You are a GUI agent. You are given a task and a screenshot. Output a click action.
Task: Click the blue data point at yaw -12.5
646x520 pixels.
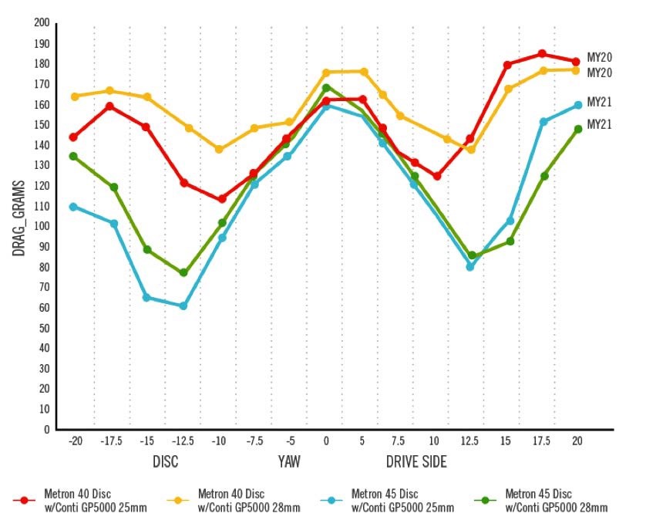[x=183, y=306]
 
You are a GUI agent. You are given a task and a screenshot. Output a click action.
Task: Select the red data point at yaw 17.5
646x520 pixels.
[x=542, y=54]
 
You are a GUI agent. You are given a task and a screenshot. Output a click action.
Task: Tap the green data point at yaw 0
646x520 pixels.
[x=326, y=88]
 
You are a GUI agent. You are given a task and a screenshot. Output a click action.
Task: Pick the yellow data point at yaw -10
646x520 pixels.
[x=219, y=150]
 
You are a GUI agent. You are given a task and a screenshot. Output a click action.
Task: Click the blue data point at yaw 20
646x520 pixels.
[x=577, y=105]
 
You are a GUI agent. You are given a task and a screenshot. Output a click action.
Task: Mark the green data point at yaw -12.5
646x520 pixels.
[x=183, y=273]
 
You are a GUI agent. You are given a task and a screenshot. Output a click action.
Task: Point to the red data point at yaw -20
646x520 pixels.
[x=73, y=137]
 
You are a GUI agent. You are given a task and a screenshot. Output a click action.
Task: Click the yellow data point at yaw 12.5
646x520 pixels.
[x=470, y=150]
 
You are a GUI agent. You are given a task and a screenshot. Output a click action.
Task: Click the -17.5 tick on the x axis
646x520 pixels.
[x=111, y=441]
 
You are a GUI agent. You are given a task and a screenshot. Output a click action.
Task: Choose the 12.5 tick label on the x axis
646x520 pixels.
[x=470, y=441]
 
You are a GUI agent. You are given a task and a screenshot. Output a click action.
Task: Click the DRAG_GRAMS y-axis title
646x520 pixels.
[x=19, y=218]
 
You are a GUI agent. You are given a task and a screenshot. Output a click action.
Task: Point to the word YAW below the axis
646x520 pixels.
[x=289, y=462]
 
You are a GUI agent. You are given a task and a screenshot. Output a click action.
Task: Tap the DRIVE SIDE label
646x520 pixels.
[x=416, y=462]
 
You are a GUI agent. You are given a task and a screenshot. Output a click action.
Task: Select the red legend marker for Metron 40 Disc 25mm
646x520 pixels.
[x=25, y=500]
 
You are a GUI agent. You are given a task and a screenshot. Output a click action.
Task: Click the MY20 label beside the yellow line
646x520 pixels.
[x=599, y=73]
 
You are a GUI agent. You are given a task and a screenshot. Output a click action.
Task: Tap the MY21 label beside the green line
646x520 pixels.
[x=599, y=124]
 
